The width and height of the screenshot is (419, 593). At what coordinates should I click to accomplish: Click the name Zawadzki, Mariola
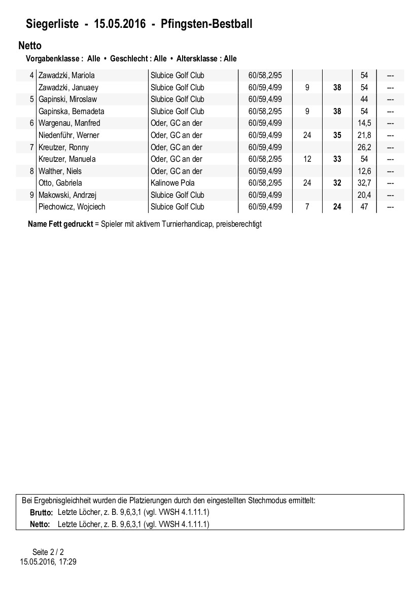(66, 76)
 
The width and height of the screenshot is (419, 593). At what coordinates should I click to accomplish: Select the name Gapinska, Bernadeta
(72, 111)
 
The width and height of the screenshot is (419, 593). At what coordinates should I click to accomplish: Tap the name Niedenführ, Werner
(69, 135)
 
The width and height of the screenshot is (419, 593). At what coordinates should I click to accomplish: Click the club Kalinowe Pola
(172, 183)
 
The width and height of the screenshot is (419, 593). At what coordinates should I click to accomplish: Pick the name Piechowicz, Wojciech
(72, 207)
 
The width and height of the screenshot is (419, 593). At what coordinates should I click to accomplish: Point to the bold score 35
(337, 135)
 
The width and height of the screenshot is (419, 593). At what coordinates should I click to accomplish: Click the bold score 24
(337, 207)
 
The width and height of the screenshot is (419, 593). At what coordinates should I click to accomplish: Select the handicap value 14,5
(364, 123)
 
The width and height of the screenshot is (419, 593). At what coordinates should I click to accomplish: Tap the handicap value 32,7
(364, 183)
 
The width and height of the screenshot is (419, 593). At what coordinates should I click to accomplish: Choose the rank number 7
(32, 147)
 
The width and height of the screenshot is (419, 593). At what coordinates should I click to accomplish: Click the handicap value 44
(364, 99)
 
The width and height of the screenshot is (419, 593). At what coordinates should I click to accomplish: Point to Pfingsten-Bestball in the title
(206, 24)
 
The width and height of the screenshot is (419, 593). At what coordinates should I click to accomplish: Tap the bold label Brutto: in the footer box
(42, 513)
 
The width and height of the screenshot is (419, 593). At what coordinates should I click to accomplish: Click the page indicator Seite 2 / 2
(48, 552)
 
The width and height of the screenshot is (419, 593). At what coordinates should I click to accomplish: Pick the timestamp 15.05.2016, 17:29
(48, 562)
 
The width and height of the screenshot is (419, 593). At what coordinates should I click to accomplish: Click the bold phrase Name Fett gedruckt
(60, 224)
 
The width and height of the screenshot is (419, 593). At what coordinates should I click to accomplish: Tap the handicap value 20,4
(364, 195)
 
